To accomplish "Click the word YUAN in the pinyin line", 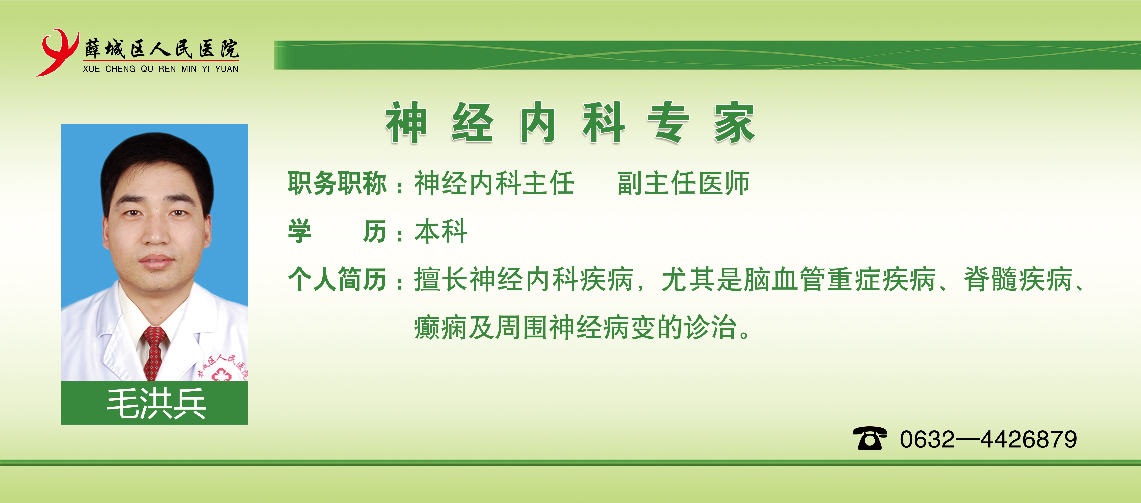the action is [x=227, y=69].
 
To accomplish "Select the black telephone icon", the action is [x=869, y=439].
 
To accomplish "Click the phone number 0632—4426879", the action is [x=988, y=439].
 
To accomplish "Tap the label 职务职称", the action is [x=337, y=183].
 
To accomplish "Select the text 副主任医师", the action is [x=684, y=183].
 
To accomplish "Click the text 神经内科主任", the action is [x=494, y=183].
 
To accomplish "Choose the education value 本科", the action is [x=441, y=231].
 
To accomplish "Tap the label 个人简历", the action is [x=337, y=279].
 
